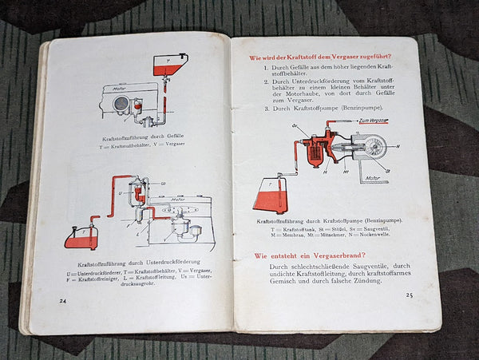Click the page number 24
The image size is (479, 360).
click(63, 300)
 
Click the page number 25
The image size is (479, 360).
click(409, 295)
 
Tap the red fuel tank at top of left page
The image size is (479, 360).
click(169, 65)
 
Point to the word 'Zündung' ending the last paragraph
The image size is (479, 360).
click(364, 281)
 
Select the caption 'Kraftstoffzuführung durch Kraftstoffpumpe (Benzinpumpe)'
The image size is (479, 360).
click(329, 220)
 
